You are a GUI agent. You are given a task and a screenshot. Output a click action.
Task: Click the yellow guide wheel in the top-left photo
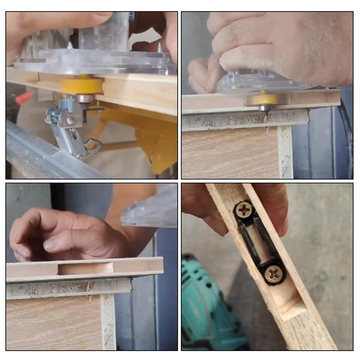point(82,85)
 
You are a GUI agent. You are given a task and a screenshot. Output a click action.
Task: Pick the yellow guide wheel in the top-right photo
point(264,99)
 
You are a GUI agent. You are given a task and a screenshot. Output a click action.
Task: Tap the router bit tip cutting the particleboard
point(265,113)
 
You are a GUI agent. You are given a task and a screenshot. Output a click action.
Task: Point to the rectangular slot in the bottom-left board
point(85,268)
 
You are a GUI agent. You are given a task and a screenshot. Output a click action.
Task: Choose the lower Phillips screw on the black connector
point(274,275)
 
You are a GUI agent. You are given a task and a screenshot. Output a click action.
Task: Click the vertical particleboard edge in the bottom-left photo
point(108,320)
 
